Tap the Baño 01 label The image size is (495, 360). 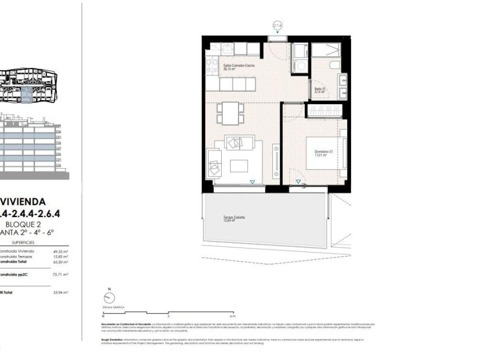(319, 89)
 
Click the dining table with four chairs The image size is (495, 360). (229, 113)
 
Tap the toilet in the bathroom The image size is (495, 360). (335, 67)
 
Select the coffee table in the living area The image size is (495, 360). (240, 166)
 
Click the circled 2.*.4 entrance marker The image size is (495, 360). (277, 26)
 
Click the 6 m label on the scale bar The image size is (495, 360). (232, 316)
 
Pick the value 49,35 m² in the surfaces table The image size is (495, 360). (60, 251)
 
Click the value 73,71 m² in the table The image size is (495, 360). (60, 274)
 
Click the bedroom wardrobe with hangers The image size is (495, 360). (324, 110)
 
